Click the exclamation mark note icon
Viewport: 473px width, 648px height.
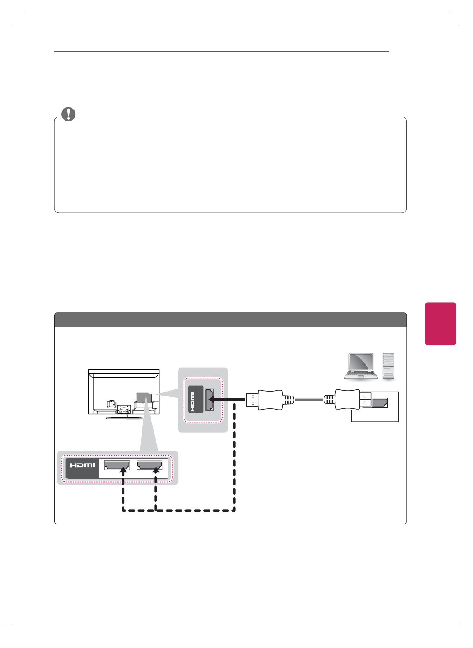click(x=69, y=114)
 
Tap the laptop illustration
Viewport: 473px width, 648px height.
click(x=361, y=366)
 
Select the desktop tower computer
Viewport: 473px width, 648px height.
click(x=388, y=366)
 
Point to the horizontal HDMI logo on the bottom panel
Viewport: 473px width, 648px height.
click(x=82, y=465)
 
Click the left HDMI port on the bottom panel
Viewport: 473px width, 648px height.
click(x=117, y=465)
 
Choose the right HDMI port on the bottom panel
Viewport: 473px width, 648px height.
click(x=149, y=465)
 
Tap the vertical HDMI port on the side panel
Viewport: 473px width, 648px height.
click(x=209, y=399)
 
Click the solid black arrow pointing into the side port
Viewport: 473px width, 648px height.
click(x=226, y=399)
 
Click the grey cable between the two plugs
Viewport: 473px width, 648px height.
click(x=309, y=399)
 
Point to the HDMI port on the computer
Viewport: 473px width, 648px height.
click(x=379, y=402)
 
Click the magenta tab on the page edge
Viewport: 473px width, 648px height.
click(x=440, y=324)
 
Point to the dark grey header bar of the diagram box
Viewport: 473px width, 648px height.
click(x=231, y=320)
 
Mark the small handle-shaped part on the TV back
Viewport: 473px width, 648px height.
click(x=111, y=404)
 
